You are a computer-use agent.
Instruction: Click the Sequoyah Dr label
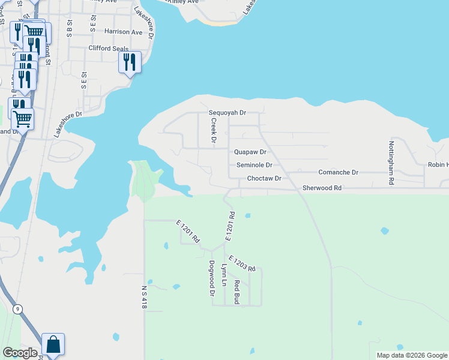(228, 112)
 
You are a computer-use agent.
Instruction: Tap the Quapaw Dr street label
(250, 152)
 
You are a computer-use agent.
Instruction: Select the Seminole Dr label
(255, 165)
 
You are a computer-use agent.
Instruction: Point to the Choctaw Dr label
(264, 179)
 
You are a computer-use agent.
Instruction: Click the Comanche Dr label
(338, 172)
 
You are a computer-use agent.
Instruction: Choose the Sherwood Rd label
(322, 188)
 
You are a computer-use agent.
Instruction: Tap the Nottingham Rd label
(391, 163)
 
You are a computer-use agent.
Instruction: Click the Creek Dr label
(213, 130)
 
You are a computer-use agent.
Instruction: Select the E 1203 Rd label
(242, 263)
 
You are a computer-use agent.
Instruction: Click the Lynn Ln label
(224, 275)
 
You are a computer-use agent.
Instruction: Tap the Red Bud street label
(237, 292)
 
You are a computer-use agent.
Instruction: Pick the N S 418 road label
(145, 296)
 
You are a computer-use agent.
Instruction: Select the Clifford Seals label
(109, 48)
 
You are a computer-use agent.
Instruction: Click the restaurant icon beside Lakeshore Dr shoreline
(130, 62)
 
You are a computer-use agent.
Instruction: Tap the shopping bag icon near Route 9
(53, 345)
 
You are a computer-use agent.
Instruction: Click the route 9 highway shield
(18, 309)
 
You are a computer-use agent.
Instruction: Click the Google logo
(20, 353)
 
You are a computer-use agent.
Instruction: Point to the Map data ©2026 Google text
(412, 355)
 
